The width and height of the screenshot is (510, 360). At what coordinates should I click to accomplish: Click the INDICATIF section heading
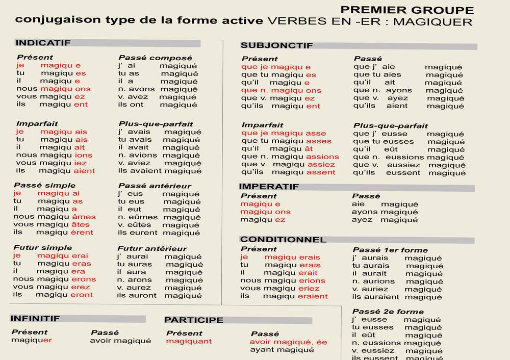click(x=43, y=43)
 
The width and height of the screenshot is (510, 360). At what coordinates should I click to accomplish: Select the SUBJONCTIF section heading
click(x=276, y=45)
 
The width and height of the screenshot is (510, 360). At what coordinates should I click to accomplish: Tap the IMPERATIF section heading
click(x=269, y=187)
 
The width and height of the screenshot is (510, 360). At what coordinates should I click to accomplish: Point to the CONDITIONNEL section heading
click(x=283, y=240)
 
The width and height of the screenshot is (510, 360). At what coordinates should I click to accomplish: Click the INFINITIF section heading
click(x=35, y=319)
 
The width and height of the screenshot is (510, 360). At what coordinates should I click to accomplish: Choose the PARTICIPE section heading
click(x=194, y=320)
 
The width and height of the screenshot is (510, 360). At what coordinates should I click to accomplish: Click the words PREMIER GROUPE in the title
click(x=407, y=10)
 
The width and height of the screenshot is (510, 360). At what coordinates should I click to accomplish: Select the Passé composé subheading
click(x=155, y=58)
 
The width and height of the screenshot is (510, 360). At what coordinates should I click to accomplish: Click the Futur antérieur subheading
click(x=152, y=248)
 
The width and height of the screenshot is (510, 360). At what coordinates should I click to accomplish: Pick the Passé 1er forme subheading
click(x=390, y=250)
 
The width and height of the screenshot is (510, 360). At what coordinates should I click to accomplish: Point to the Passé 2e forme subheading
click(x=388, y=312)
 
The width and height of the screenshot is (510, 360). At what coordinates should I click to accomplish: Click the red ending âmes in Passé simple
click(x=84, y=217)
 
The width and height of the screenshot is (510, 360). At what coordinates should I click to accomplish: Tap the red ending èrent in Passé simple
click(x=83, y=233)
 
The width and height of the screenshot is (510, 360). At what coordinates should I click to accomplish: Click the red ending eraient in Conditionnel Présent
click(x=313, y=296)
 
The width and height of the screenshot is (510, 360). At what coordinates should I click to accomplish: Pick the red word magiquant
click(x=189, y=341)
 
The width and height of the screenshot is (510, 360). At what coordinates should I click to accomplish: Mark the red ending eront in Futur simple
click(x=82, y=295)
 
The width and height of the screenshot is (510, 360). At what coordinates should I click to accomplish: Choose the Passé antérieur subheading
click(x=155, y=186)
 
